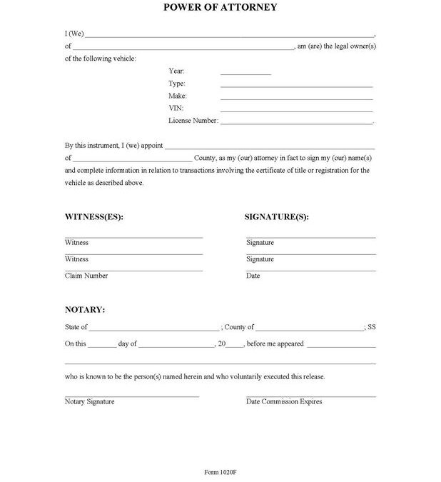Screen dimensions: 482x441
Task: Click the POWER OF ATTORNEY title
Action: [x=220, y=8]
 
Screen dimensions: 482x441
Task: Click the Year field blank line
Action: [x=245, y=74]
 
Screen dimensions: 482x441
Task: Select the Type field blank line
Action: [x=296, y=86]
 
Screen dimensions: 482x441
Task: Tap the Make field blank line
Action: [x=296, y=99]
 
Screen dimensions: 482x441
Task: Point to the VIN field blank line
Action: [x=296, y=111]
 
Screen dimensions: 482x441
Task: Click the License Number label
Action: [x=193, y=121]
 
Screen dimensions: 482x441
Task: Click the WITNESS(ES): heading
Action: [x=94, y=216]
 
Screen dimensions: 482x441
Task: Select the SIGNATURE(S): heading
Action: [x=277, y=216]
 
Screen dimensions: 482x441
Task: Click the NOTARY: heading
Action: [x=85, y=310]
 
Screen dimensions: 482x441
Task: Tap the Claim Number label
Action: [x=86, y=276]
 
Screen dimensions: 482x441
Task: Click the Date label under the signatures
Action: [x=253, y=276]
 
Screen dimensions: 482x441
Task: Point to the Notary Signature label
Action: [x=89, y=401]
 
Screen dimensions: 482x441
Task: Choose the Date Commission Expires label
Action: [x=284, y=401]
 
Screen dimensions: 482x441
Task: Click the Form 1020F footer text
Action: [x=220, y=473]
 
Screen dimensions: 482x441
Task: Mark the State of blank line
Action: [x=154, y=330]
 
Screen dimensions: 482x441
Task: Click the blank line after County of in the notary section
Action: [x=309, y=330]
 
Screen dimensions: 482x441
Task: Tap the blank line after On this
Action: [x=102, y=346]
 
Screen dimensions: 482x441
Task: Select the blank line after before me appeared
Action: [x=341, y=346]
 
